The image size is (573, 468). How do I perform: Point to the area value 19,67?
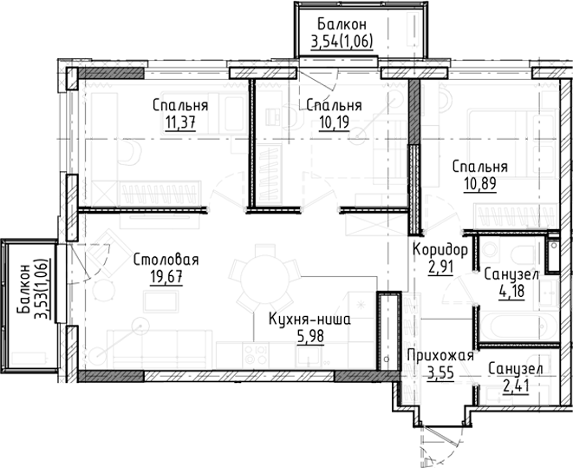coord(166,277)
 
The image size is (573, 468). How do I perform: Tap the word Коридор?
coord(440,250)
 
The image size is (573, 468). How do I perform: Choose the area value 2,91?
coord(441,266)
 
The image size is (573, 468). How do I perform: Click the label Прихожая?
coord(441,356)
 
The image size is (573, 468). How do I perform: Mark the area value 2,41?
coord(518,386)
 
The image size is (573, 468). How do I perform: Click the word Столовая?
coord(166,260)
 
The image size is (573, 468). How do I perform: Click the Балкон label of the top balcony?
coord(341,23)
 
